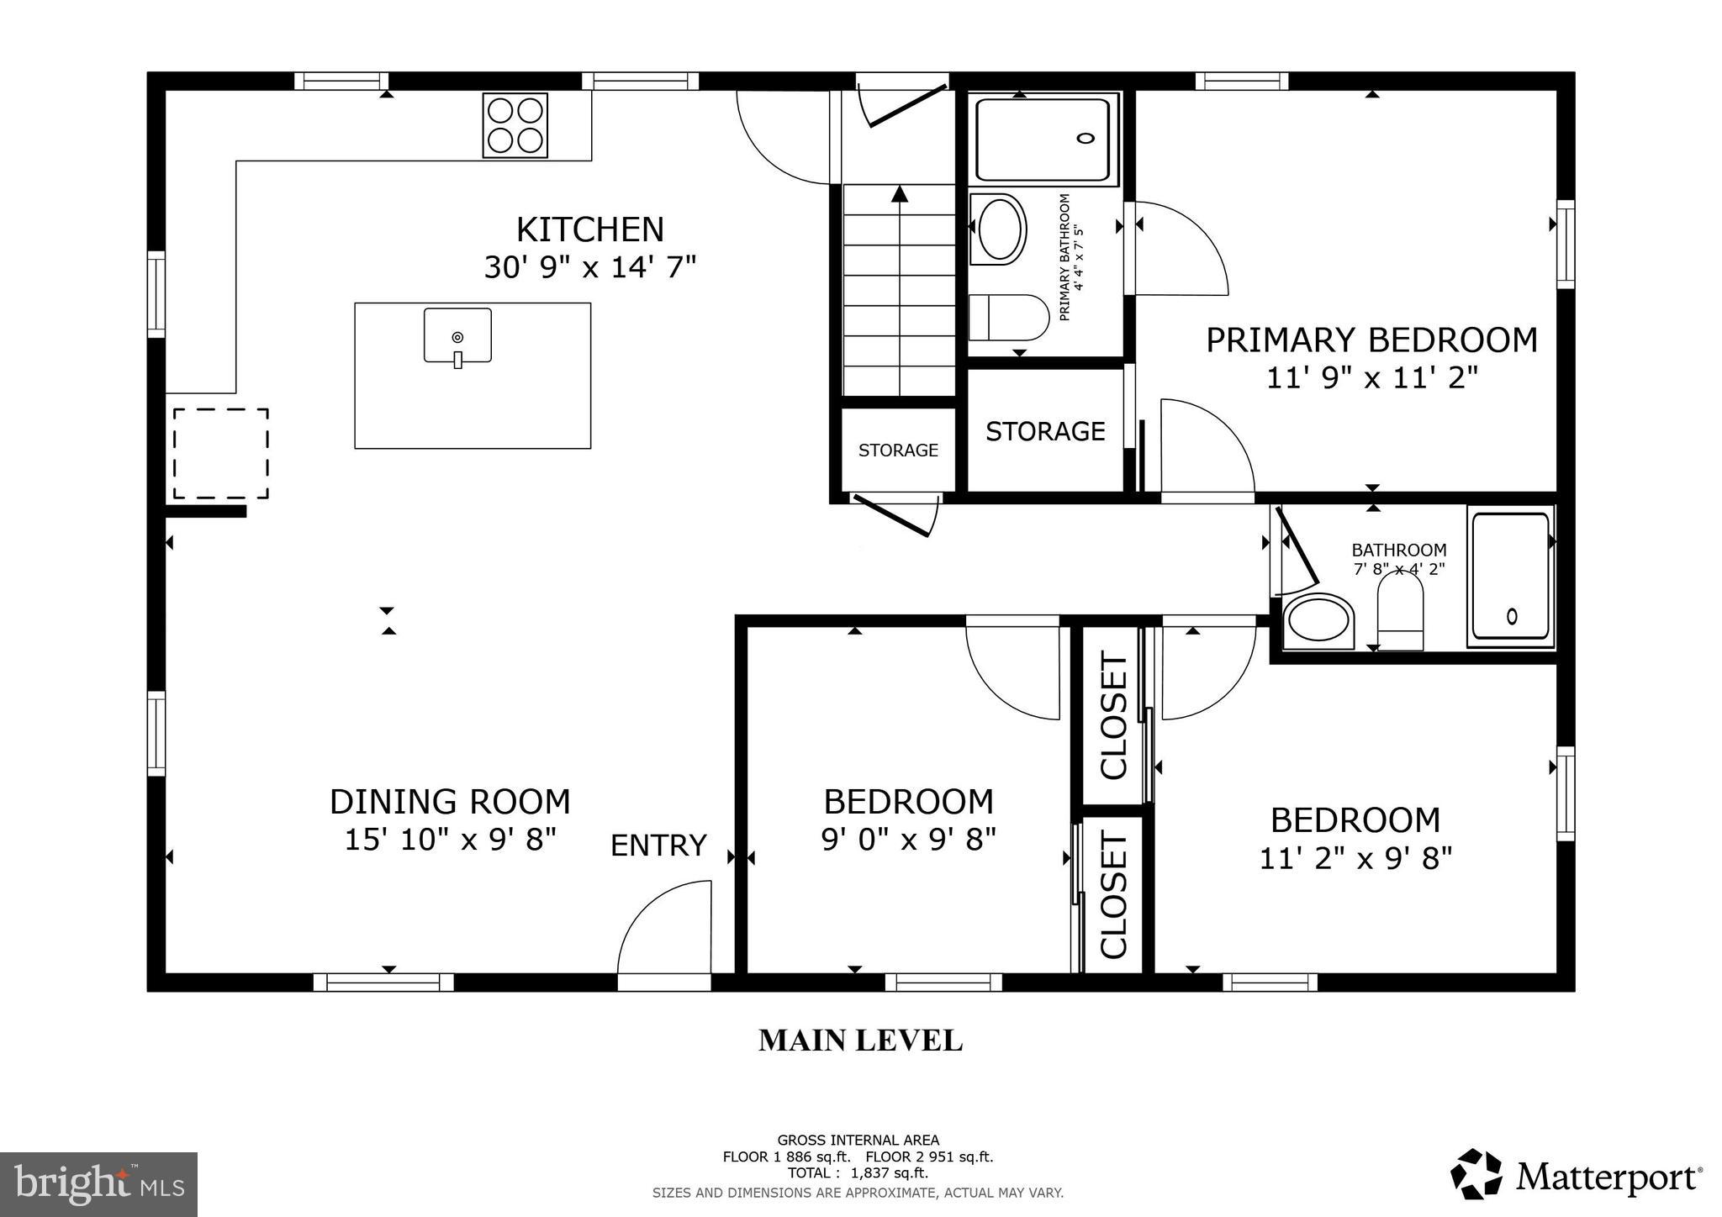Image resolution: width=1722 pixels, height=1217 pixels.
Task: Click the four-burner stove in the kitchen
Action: [515, 124]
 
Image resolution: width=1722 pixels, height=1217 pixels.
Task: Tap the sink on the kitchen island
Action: [457, 336]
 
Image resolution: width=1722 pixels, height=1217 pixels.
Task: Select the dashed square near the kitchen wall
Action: [221, 454]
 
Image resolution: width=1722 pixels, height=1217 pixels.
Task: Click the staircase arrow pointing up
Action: [900, 195]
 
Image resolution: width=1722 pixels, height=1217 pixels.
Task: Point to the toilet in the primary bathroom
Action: [1007, 318]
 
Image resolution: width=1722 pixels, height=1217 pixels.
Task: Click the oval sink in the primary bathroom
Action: [999, 229]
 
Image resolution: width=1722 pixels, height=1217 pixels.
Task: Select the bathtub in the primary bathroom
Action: [1043, 140]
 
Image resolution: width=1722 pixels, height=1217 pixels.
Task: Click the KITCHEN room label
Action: [589, 229]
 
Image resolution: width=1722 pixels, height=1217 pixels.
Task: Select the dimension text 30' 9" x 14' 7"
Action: [589, 267]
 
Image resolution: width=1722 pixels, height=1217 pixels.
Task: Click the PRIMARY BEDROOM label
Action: [1371, 340]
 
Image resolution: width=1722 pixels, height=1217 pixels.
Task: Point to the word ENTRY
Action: [658, 846]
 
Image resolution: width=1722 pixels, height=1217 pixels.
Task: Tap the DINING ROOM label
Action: [450, 802]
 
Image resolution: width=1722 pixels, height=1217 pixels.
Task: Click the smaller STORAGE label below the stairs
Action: [898, 450]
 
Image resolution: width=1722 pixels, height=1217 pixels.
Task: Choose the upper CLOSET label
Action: [1112, 716]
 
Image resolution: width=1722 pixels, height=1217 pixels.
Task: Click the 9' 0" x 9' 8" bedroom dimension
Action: [908, 839]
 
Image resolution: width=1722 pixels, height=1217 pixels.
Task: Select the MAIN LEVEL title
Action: [860, 1041]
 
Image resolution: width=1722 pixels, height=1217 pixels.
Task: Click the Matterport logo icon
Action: [1476, 1174]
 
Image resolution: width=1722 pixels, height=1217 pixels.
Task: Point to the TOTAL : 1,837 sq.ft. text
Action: [858, 1173]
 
